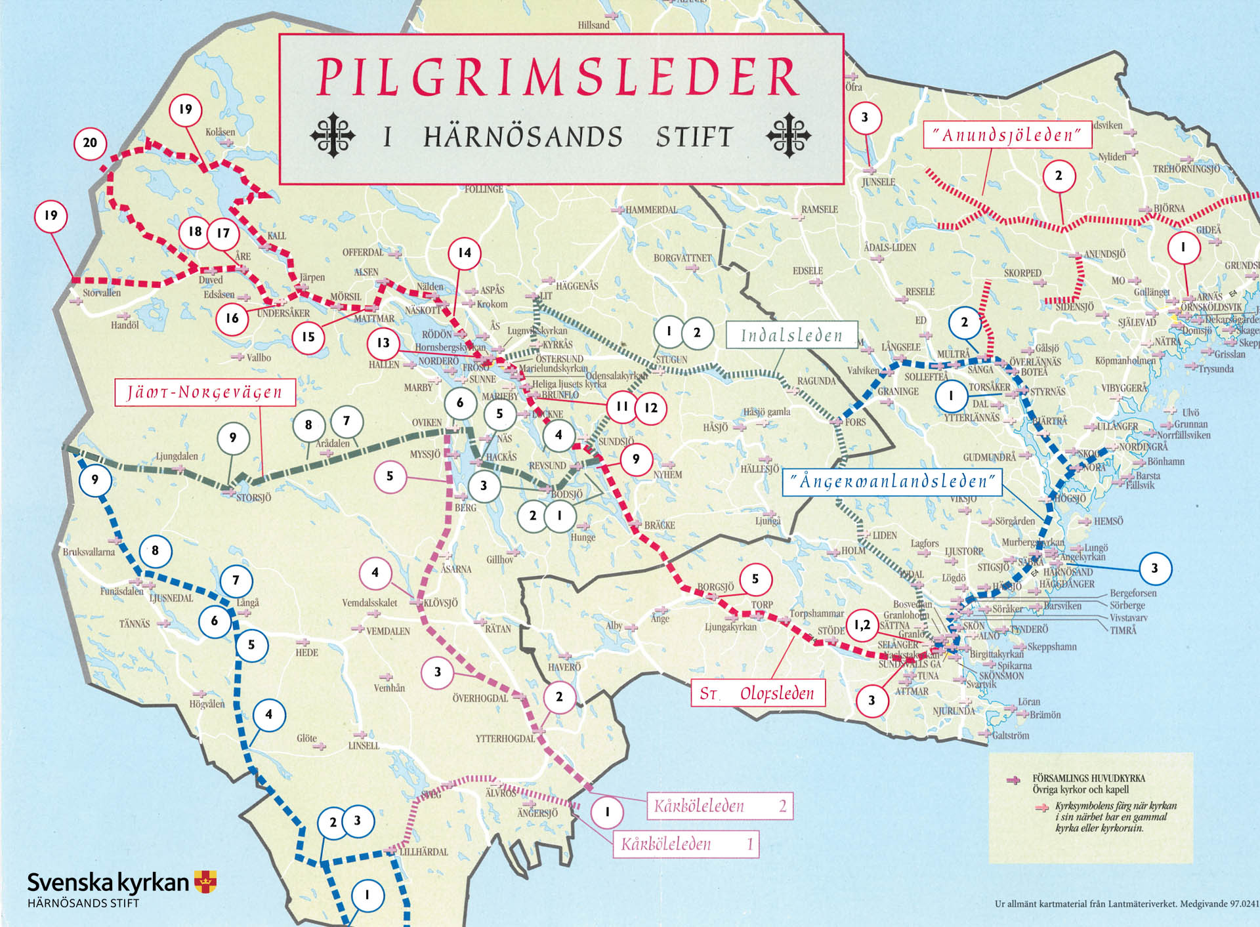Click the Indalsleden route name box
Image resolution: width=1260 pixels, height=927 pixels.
(x=791, y=335)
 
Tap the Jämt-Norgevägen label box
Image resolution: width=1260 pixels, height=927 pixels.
(x=205, y=392)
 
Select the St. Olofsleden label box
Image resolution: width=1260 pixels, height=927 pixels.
(x=757, y=693)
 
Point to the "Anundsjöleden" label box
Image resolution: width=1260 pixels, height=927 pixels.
(x=1007, y=134)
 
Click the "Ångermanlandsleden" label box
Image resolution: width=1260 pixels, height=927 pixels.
(x=892, y=482)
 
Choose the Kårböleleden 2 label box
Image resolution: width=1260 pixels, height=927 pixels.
(x=720, y=806)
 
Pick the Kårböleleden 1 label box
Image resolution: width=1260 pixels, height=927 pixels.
(x=686, y=844)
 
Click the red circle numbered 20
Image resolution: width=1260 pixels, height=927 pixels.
(x=90, y=143)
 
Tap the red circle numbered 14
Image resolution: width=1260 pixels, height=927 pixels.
(x=465, y=253)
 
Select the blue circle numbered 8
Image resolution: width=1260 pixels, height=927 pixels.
(x=155, y=550)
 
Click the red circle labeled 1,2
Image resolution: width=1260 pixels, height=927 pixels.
(x=862, y=625)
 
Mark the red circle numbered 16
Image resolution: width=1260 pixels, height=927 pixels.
(x=232, y=318)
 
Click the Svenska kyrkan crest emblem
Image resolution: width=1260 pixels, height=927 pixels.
(x=205, y=881)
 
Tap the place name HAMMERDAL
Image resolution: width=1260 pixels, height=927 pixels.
(x=650, y=210)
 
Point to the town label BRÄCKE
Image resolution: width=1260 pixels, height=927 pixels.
(x=659, y=525)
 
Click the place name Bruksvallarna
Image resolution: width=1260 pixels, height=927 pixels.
(x=89, y=552)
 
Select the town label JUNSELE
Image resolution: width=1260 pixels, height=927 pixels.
(x=878, y=182)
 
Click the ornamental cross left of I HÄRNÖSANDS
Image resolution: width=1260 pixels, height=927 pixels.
(x=333, y=136)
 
